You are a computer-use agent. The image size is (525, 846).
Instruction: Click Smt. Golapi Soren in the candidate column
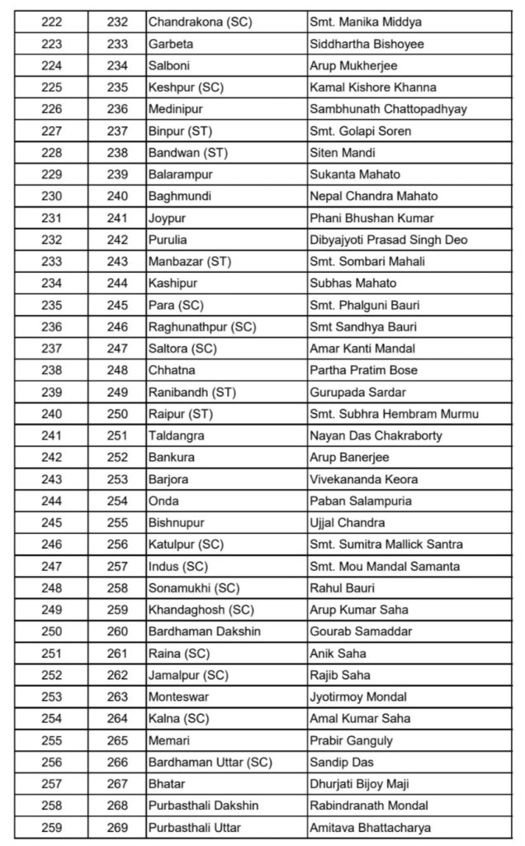pyautogui.click(x=360, y=131)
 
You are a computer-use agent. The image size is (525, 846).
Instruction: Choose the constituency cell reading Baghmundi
pyautogui.click(x=177, y=197)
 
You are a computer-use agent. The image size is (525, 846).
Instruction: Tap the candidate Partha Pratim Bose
pyautogui.click(x=363, y=370)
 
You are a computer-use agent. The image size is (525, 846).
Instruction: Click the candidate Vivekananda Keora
pyautogui.click(x=363, y=479)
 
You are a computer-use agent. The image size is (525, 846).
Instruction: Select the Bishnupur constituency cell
pyautogui.click(x=173, y=523)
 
